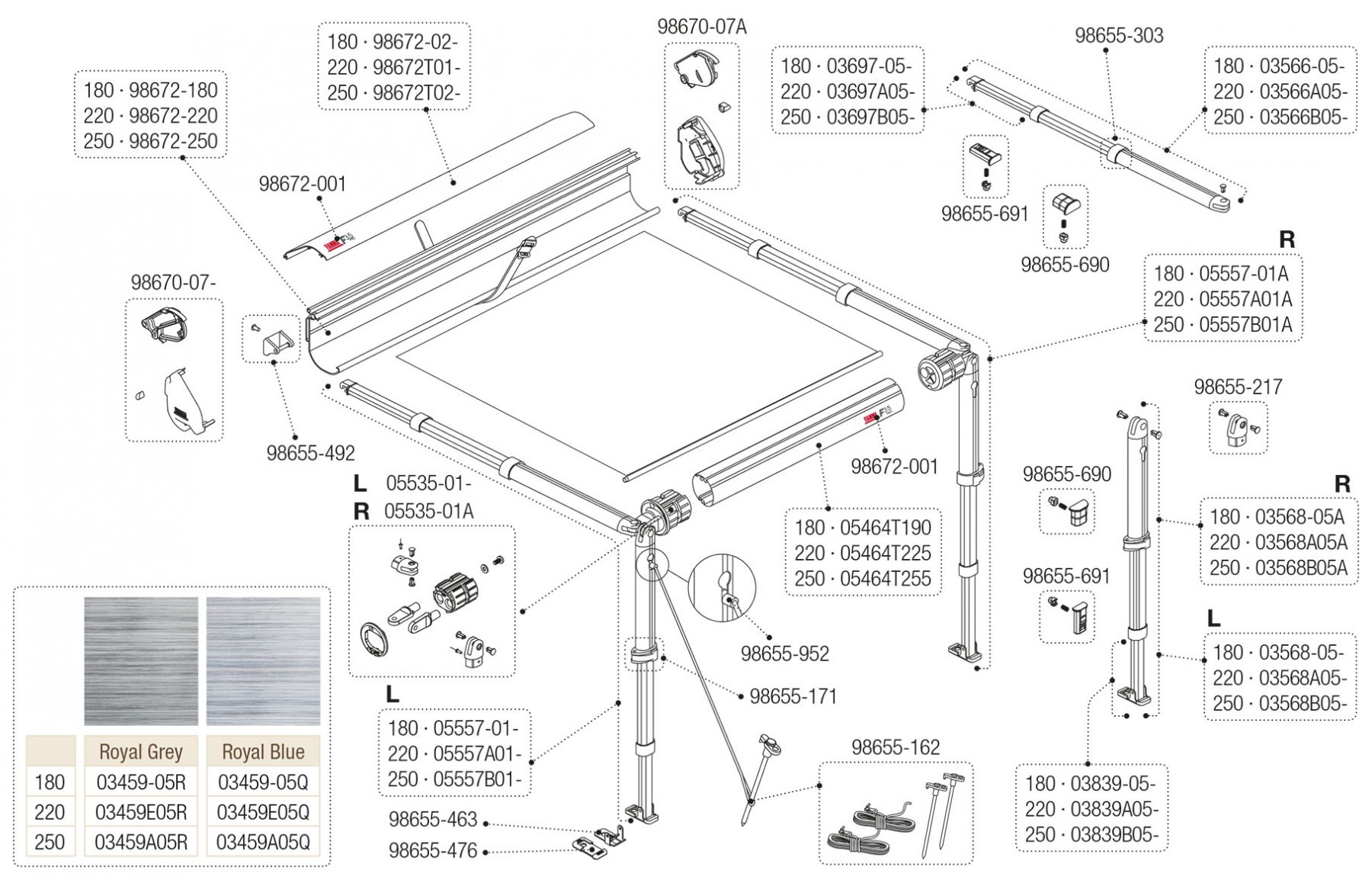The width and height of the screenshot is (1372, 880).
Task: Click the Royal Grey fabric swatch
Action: pyautogui.click(x=140, y=660)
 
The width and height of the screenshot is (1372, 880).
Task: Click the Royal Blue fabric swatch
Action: pyautogui.click(x=263, y=660)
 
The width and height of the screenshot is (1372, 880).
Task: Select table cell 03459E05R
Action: pyautogui.click(x=141, y=812)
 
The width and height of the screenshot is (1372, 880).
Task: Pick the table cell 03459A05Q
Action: pyautogui.click(x=263, y=842)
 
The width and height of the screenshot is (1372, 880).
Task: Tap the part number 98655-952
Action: pyautogui.click(x=784, y=654)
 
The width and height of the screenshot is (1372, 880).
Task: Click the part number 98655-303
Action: pyautogui.click(x=1119, y=35)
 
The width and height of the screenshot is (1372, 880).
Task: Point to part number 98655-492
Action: pyautogui.click(x=310, y=453)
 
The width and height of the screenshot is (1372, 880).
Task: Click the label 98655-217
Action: pyautogui.click(x=1238, y=387)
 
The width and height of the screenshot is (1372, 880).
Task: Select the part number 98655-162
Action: pyautogui.click(x=896, y=747)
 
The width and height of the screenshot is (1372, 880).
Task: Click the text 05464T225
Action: pyautogui.click(x=885, y=553)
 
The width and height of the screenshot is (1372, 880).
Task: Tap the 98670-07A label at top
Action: pyautogui.click(x=702, y=27)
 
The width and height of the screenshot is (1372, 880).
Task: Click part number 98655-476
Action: pyautogui.click(x=433, y=850)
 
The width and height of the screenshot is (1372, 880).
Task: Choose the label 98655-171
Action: pyautogui.click(x=793, y=696)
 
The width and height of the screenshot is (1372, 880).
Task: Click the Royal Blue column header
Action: pyautogui.click(x=263, y=752)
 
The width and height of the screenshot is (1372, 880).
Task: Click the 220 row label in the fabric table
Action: pyautogui.click(x=50, y=812)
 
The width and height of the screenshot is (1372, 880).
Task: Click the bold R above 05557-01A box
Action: pyautogui.click(x=1287, y=239)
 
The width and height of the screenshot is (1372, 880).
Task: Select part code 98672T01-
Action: pyautogui.click(x=417, y=67)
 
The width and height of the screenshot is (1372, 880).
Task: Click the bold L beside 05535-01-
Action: pyautogui.click(x=360, y=483)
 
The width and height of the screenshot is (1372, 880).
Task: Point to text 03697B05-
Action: pyautogui.click(x=870, y=117)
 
